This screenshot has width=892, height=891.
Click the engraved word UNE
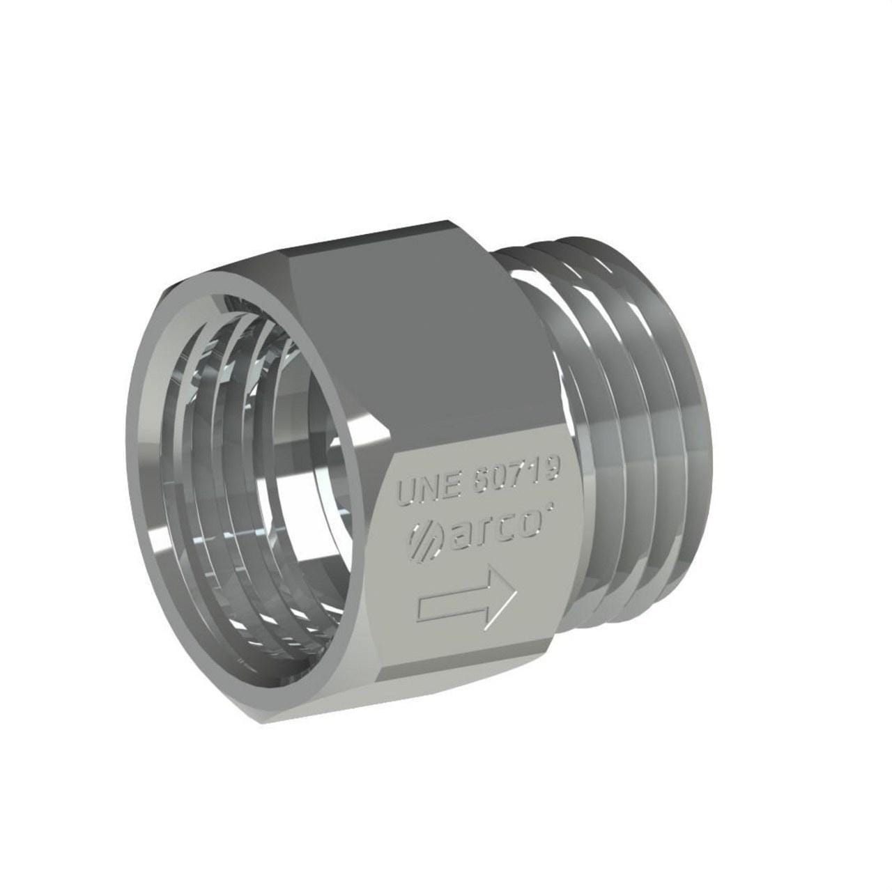[426, 490]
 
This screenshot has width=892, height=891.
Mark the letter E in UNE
[447, 486]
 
